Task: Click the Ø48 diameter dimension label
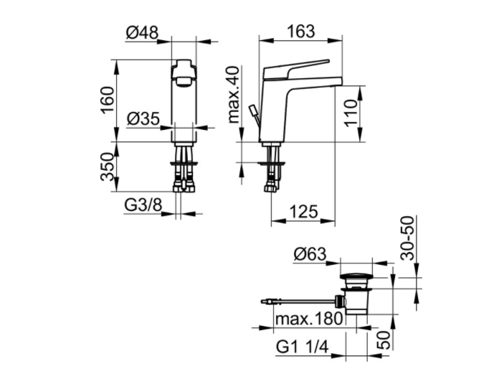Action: [142, 32]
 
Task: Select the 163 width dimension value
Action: [301, 31]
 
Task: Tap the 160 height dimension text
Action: [108, 100]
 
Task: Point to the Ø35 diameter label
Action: [143, 118]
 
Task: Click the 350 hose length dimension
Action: [108, 167]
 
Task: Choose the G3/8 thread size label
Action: [143, 205]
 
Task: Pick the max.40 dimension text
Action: [234, 95]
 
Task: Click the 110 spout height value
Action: [351, 113]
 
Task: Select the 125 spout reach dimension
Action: [303, 211]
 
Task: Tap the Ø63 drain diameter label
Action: [310, 254]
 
